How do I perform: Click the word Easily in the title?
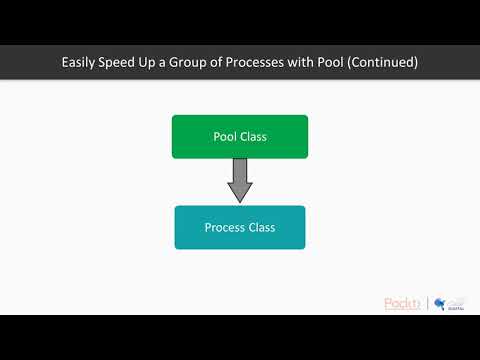pos(81,63)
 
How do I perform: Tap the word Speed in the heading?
pos(126,63)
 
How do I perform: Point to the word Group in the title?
pos(203,63)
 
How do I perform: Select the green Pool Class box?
pos(240,137)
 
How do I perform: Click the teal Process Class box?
pos(240,227)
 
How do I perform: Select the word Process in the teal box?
pos(223,227)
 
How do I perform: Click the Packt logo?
pos(404,302)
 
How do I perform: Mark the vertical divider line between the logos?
pos(428,302)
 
